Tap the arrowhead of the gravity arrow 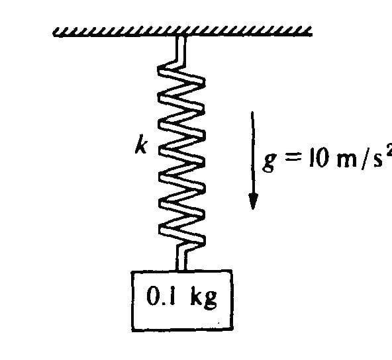pos(253,201)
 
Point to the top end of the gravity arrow pos(252,112)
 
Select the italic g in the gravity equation pos(269,162)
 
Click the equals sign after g pos(293,159)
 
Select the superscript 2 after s pos(389,151)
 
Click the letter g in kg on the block pos(211,300)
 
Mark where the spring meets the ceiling pos(181,36)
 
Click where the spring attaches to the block pos(181,270)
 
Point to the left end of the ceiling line pos(54,35)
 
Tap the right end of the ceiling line pos(311,34)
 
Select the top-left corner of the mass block pos(132,272)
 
